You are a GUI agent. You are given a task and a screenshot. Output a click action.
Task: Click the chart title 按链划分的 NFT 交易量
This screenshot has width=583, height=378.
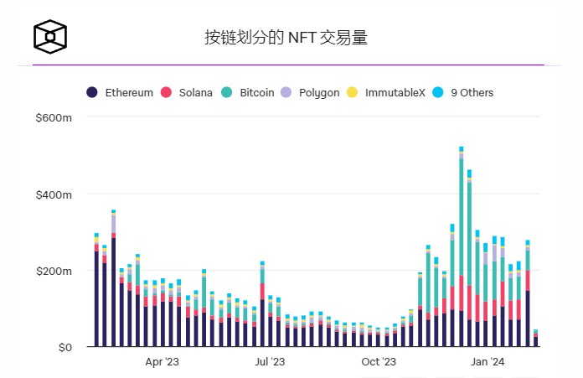286,38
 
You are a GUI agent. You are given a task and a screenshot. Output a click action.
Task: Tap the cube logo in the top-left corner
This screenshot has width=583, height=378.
49,36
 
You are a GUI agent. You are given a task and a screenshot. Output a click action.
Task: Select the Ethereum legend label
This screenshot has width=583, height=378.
128,92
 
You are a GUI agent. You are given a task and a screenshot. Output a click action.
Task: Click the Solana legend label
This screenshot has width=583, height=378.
195,92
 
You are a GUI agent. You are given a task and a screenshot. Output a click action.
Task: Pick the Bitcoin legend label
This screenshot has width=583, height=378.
256,92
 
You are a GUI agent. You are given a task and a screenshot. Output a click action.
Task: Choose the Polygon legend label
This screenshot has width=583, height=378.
319,92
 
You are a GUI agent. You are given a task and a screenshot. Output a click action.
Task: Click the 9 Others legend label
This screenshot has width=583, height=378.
472,92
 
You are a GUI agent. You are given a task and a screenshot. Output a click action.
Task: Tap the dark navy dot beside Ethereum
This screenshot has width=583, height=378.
92,92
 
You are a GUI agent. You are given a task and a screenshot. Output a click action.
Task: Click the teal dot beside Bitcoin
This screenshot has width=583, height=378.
227,92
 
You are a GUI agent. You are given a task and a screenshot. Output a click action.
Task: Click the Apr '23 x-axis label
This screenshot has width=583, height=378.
162,362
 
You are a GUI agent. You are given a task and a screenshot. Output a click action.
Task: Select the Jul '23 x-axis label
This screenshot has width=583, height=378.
270,362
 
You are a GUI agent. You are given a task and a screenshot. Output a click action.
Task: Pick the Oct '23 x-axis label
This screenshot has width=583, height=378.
379,362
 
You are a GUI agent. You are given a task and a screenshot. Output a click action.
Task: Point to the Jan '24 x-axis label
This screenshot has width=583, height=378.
487,362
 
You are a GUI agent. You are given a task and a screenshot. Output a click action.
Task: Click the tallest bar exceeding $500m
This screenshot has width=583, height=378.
461,251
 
